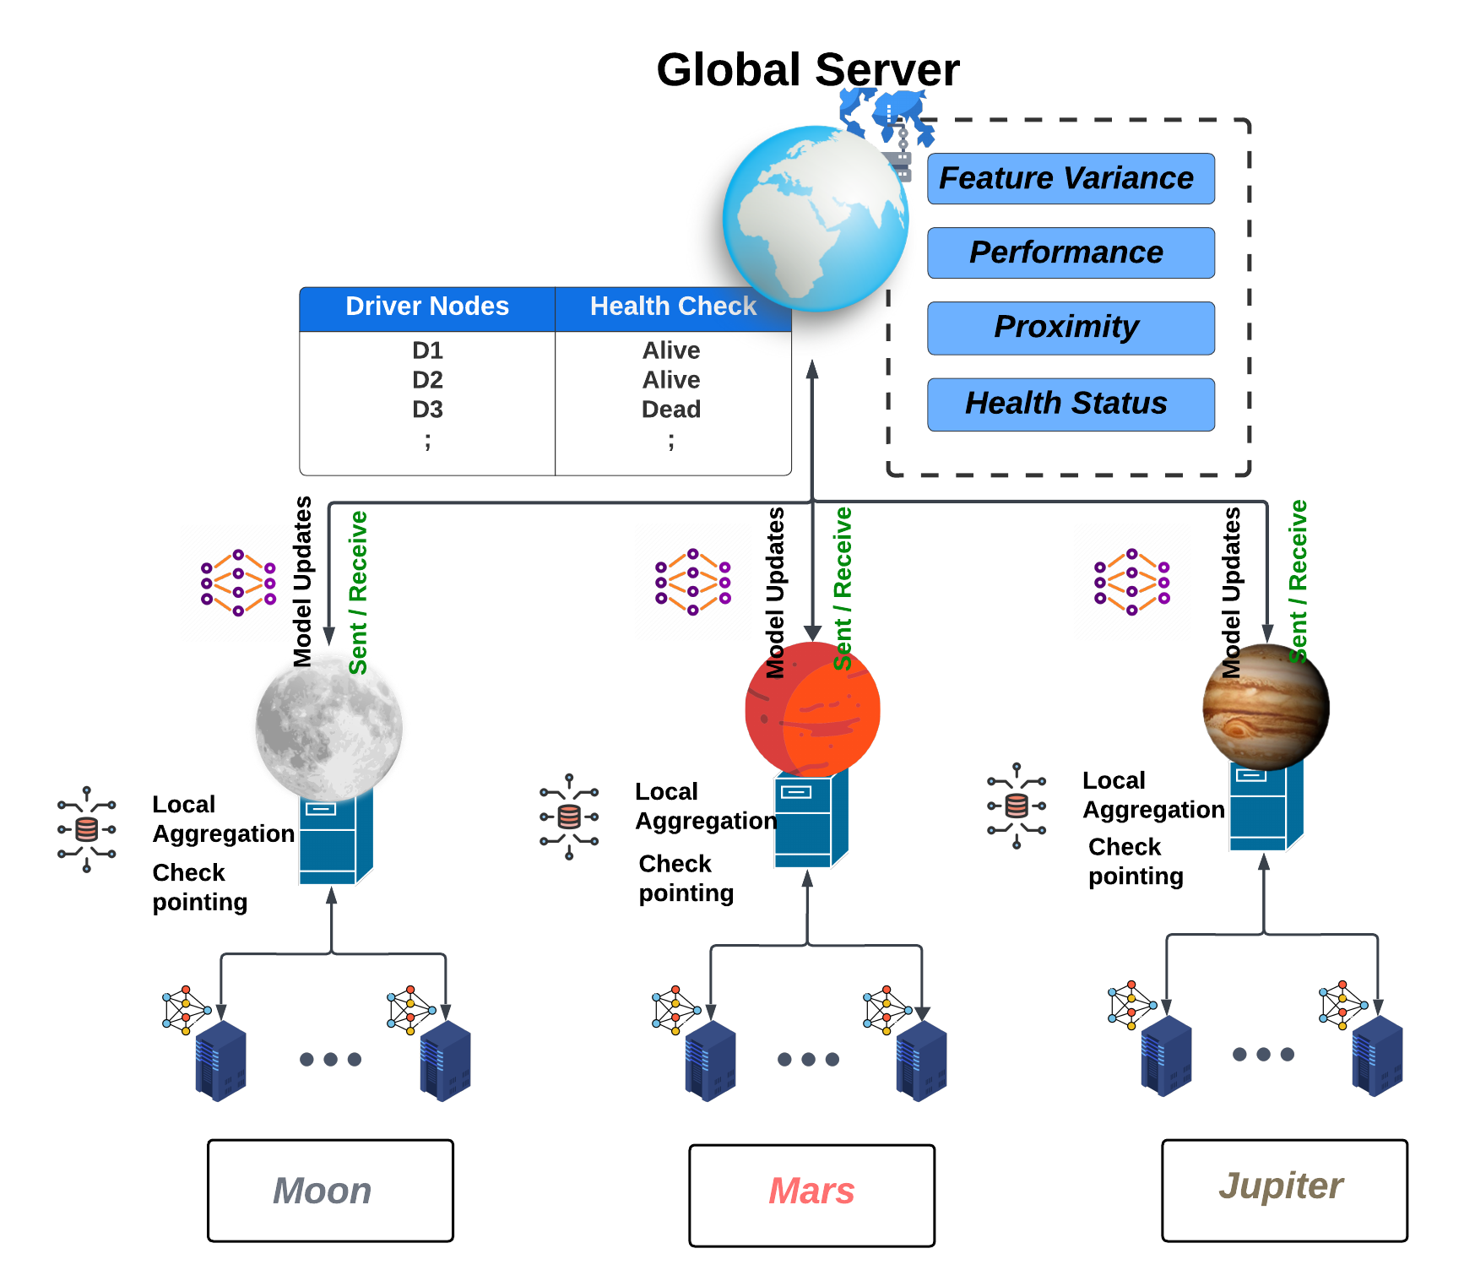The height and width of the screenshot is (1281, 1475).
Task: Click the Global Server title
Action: pyautogui.click(x=807, y=69)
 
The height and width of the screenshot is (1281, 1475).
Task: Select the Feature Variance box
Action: pyautogui.click(x=1070, y=178)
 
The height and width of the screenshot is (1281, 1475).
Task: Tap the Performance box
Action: pyautogui.click(x=1070, y=252)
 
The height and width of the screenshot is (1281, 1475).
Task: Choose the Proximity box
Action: pyautogui.click(x=1070, y=328)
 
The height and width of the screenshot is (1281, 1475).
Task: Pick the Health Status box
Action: pyautogui.click(x=1070, y=404)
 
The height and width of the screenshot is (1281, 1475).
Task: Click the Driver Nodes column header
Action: pyautogui.click(x=427, y=307)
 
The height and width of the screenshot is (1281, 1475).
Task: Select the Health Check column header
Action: pyautogui.click(x=672, y=307)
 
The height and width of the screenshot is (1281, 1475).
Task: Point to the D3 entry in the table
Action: pyautogui.click(x=427, y=410)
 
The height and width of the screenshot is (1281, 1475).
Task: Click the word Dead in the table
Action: pyautogui.click(x=671, y=410)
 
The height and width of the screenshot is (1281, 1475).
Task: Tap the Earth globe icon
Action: pyautogui.click(x=815, y=218)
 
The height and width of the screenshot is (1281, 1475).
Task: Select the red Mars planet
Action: pyautogui.click(x=812, y=709)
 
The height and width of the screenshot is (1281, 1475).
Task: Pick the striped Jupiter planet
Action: pyautogui.click(x=1266, y=706)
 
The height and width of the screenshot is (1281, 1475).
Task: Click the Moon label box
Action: pyautogui.click(x=330, y=1191)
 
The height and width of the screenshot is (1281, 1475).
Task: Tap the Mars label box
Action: pyautogui.click(x=811, y=1195)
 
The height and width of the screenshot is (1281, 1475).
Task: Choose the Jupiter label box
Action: pyautogui.click(x=1283, y=1190)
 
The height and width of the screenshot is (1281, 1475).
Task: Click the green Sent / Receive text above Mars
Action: pyautogui.click(x=842, y=589)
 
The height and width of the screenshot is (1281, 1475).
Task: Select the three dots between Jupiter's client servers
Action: pyautogui.click(x=1263, y=1054)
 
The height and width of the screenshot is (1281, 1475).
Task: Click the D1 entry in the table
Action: pyautogui.click(x=427, y=350)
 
